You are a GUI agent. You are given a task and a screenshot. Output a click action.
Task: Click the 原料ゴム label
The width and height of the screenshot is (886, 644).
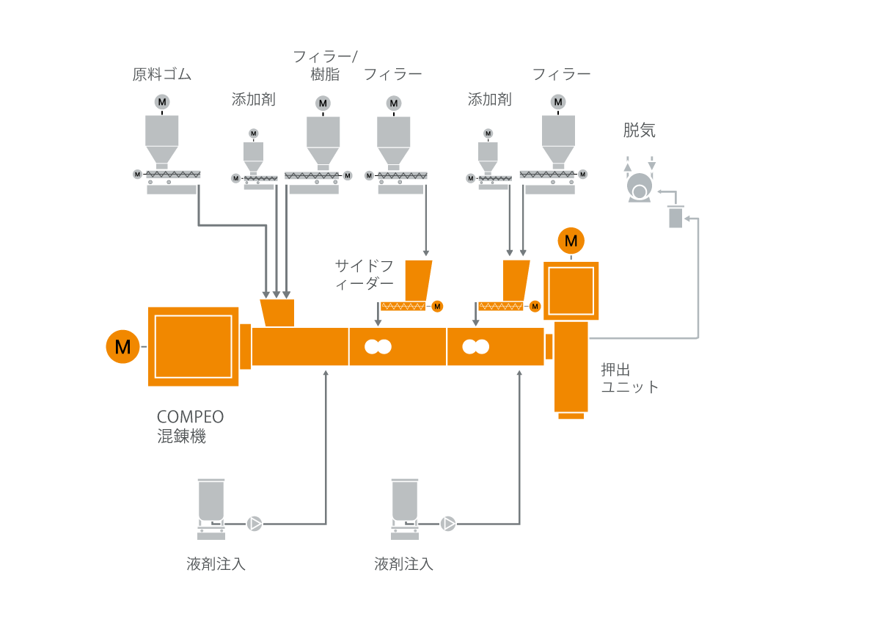point(161,74)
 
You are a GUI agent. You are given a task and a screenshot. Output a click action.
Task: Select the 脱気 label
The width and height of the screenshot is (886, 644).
point(639,131)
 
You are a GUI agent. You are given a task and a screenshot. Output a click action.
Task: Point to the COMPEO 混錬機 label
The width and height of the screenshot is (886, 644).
point(190,426)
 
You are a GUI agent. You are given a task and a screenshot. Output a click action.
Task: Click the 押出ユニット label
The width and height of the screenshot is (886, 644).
point(629,378)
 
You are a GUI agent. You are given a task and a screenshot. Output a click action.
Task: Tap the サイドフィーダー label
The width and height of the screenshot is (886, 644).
point(365,274)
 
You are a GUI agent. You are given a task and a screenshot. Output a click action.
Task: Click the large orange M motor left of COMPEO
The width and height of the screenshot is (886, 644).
point(122,346)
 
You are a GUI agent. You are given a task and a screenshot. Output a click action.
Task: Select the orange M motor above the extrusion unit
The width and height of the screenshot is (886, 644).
point(571,241)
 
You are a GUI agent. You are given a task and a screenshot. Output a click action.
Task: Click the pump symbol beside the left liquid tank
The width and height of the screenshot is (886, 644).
point(255,524)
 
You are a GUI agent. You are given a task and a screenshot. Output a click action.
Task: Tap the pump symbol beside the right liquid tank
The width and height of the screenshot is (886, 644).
point(448,524)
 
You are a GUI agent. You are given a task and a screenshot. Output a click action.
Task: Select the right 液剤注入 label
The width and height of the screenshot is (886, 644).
point(403,564)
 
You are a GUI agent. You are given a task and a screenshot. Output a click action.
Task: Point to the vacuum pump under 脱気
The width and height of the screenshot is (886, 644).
point(640,188)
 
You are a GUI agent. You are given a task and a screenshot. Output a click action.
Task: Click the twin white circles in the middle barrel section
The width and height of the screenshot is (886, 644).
point(378,347)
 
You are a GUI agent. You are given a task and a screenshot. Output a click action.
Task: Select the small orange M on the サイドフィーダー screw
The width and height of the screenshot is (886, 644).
point(437,306)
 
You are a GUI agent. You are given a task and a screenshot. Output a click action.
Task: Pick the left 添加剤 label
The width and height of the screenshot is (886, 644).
point(253,100)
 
